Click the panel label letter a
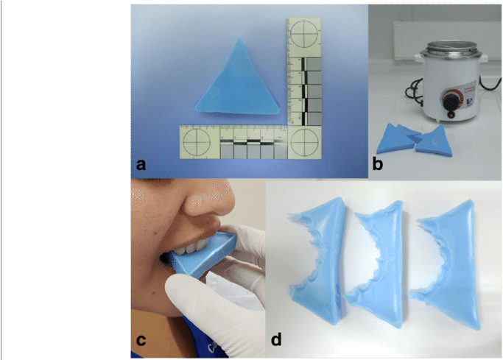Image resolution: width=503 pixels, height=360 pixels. tap(140, 165)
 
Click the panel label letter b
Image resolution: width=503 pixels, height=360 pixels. tap(378, 165)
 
